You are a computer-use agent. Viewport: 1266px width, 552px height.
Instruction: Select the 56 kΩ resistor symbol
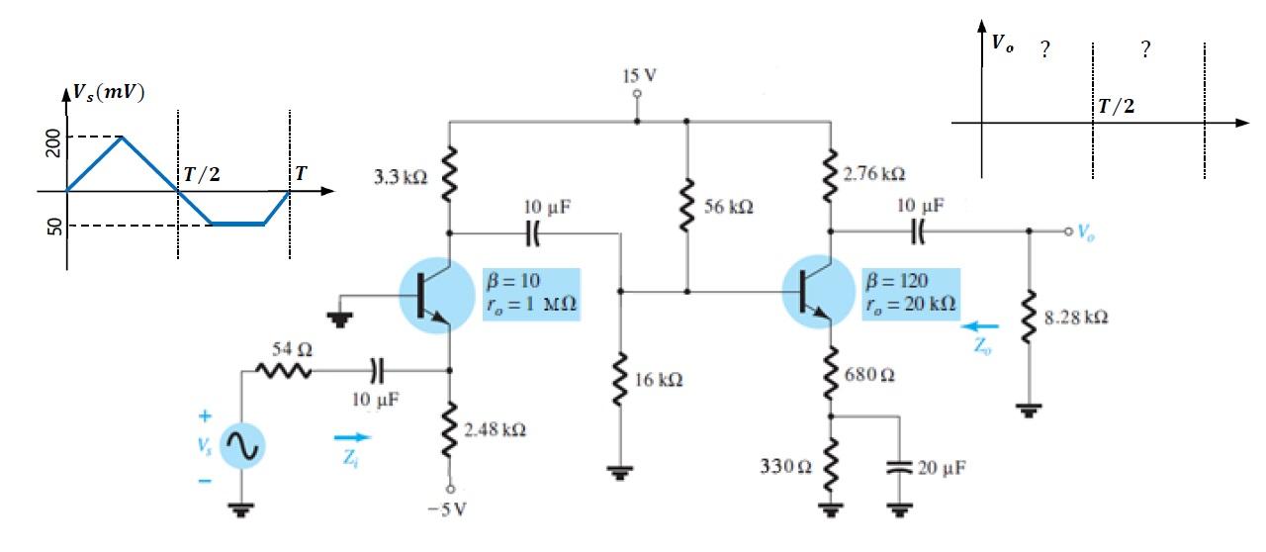[685, 209]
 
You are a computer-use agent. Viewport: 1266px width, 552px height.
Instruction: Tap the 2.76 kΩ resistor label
[875, 174]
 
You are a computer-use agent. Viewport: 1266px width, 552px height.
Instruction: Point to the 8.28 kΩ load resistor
[1030, 319]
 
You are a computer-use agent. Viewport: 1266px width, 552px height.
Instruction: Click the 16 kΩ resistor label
[657, 381]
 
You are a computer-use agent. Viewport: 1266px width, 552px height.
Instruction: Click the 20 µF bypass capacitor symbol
[899, 468]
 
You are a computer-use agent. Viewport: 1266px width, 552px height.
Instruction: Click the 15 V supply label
[638, 75]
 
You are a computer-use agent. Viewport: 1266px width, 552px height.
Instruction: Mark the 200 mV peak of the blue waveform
[121, 138]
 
